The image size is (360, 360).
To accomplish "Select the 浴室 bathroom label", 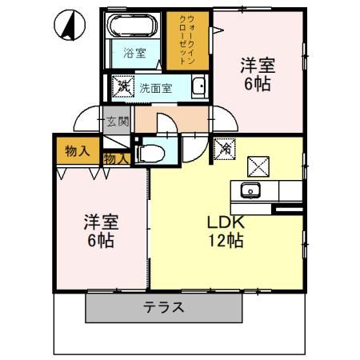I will [134, 54].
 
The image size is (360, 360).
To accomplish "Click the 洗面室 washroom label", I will [155, 88].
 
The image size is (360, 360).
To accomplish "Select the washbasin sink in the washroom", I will [198, 87].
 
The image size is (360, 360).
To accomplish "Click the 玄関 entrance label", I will [118, 122].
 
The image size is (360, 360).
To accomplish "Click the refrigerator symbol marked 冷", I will [226, 147].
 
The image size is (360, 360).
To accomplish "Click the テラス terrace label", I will [163, 306].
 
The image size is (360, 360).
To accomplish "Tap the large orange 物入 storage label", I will [78, 150].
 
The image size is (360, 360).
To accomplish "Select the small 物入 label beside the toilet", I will [116, 159].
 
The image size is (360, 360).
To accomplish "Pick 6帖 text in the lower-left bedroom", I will [100, 241].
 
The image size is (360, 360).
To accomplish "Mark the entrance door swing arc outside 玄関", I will [86, 121].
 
